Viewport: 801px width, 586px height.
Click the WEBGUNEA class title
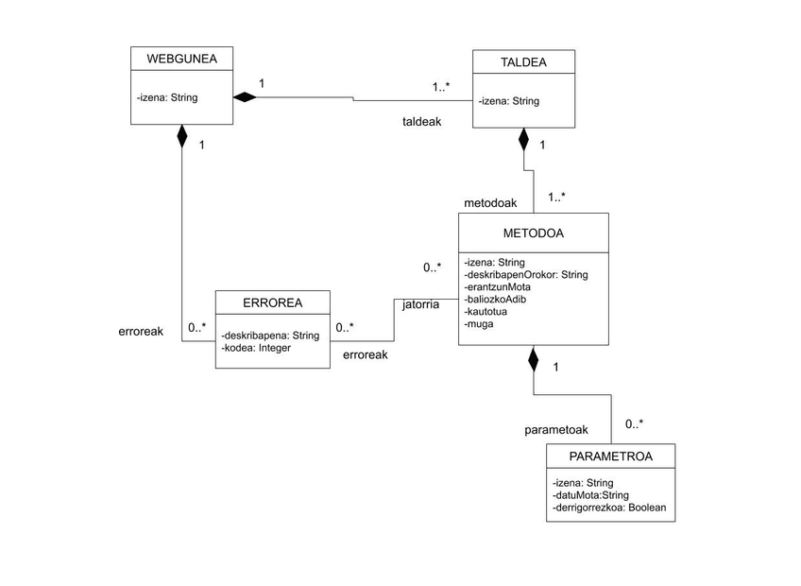pos(182,60)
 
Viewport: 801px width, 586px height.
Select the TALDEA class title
pos(523,63)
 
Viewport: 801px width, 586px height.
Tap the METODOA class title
pos(534,233)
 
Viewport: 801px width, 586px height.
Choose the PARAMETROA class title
pos(610,457)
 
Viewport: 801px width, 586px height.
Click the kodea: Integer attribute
pos(256,348)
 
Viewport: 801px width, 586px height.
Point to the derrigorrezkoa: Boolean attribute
pos(609,508)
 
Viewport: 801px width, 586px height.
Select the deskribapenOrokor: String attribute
pos(526,275)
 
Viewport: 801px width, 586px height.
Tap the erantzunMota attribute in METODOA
pos(498,287)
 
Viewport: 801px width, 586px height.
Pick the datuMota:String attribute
pos(591,495)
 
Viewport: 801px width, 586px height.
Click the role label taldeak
pos(422,122)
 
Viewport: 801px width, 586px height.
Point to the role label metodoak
pos(489,203)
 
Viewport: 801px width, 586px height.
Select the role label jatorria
pos(420,304)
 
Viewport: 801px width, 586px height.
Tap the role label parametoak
pos(556,430)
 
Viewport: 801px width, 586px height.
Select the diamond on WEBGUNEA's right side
pos(245,96)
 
